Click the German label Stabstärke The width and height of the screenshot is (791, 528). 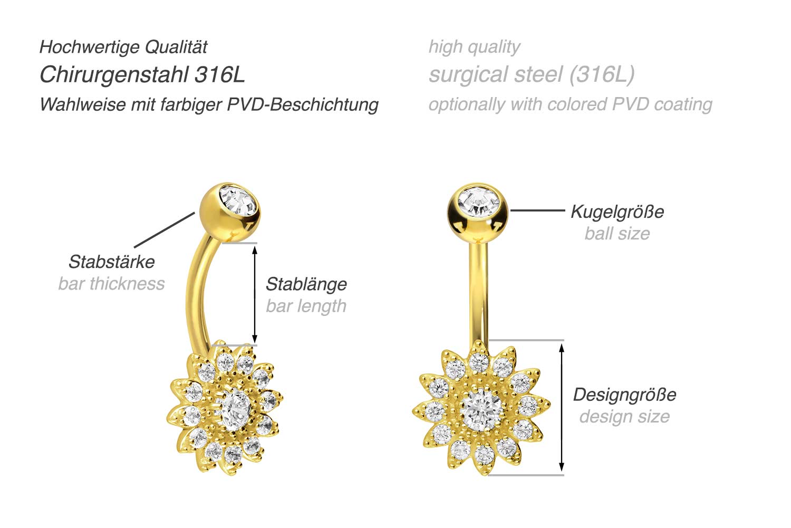[x=112, y=262]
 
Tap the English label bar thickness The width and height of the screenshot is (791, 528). [x=111, y=284]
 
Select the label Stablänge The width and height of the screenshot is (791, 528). [x=306, y=284]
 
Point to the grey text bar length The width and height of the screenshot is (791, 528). [x=306, y=306]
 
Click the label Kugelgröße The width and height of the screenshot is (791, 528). [x=617, y=212]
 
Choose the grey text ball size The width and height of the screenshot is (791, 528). [x=617, y=233]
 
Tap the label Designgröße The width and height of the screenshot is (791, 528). [x=624, y=395]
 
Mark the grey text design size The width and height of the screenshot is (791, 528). [x=624, y=417]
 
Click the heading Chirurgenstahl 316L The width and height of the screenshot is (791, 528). [x=142, y=74]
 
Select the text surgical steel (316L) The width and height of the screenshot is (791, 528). [x=532, y=74]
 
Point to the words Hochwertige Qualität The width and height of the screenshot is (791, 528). [x=123, y=47]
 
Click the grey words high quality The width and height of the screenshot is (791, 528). [x=474, y=47]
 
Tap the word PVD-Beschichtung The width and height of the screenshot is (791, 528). [x=303, y=104]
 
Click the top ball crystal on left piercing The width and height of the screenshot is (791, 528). [x=237, y=200]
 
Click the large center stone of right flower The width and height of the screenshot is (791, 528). [x=481, y=409]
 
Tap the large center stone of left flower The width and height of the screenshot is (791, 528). [x=235, y=409]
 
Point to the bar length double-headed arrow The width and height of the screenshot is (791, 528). [x=255, y=294]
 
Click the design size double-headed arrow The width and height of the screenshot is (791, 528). [x=562, y=407]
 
